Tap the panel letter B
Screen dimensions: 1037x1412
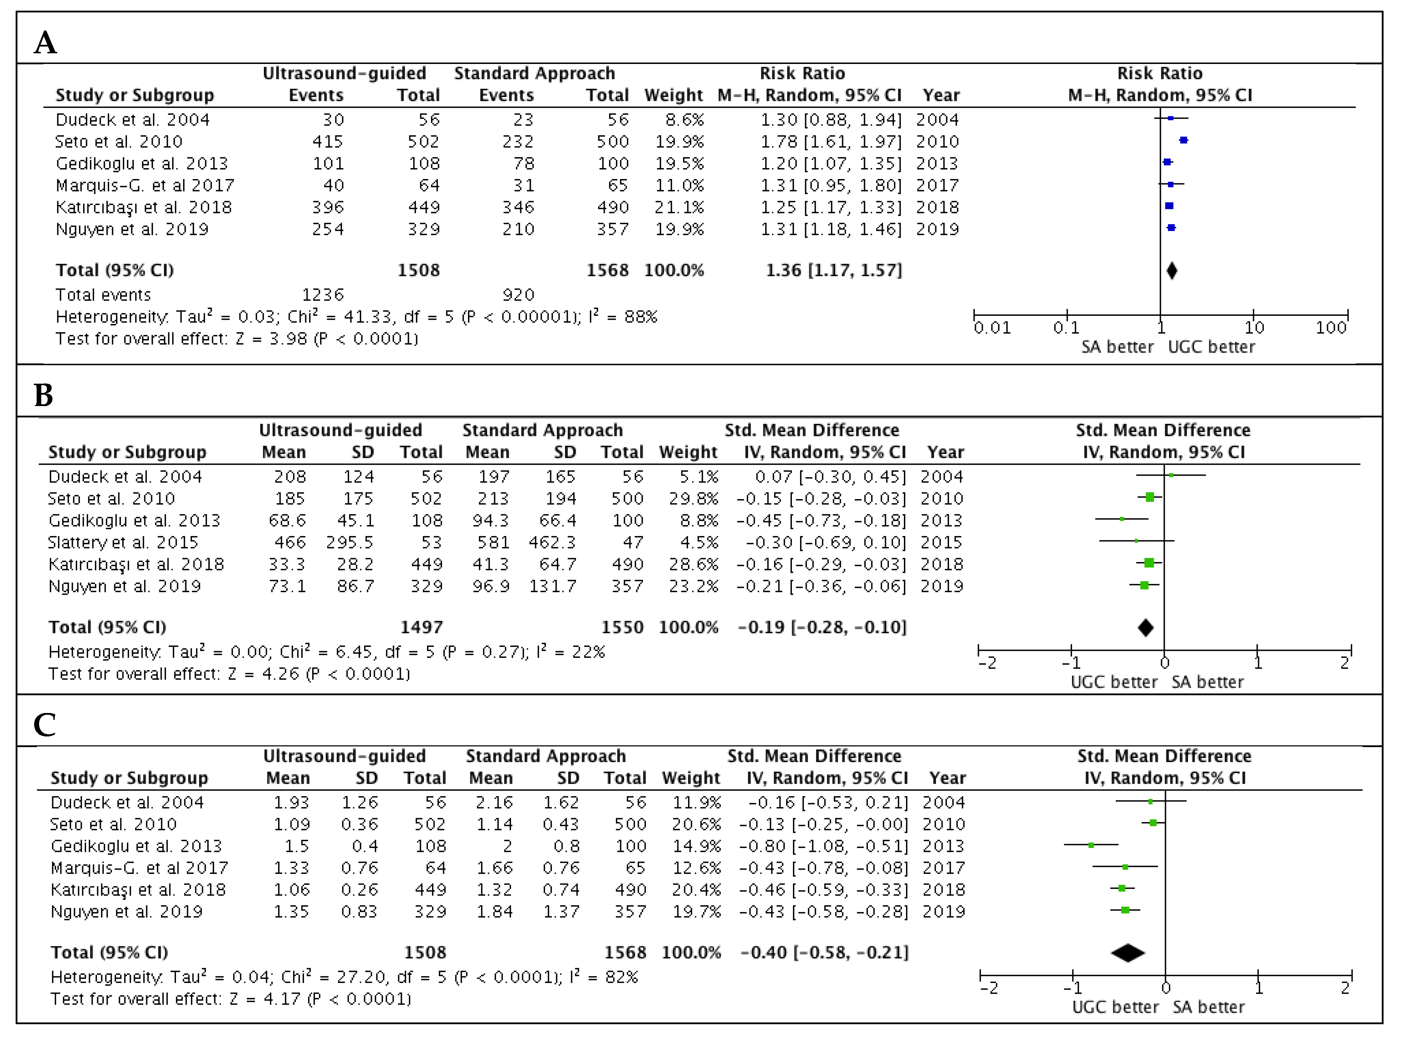pos(43,395)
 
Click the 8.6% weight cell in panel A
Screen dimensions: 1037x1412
pos(684,120)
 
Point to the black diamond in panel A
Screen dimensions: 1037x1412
pos(1171,271)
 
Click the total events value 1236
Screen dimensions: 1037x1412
pos(323,295)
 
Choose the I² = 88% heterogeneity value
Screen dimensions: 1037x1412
pos(623,317)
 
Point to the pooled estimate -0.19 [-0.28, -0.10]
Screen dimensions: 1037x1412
pos(822,627)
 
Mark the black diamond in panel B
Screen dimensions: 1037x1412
pos(1146,627)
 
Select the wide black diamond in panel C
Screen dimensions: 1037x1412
pos(1128,953)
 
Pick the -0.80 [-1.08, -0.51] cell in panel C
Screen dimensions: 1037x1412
pos(824,846)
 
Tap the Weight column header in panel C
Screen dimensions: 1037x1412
pos(691,778)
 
